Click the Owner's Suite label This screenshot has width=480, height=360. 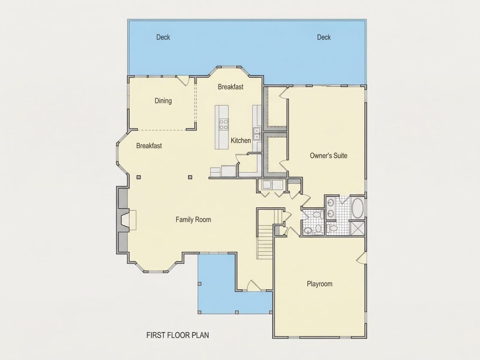tap(329, 155)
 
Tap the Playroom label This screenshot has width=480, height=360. tap(319, 284)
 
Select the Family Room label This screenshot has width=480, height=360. tap(193, 219)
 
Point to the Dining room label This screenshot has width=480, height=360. tap(163, 101)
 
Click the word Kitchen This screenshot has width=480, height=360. tap(240, 141)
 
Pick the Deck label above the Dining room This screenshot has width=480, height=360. tap(163, 37)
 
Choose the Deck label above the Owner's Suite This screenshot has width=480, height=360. tap(324, 37)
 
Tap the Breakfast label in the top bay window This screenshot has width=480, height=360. tap(230, 87)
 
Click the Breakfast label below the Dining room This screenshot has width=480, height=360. tap(149, 146)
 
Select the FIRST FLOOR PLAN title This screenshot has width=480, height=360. tap(178, 335)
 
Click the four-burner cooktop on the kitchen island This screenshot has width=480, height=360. tap(223, 124)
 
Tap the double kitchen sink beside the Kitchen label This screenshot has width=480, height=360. tap(257, 134)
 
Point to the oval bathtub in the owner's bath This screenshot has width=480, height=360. tap(357, 208)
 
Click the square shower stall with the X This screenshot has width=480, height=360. tap(357, 228)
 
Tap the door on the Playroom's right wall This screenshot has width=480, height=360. tap(362, 258)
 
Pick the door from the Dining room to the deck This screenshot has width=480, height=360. tap(183, 80)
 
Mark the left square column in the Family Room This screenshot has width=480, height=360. tap(139, 177)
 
